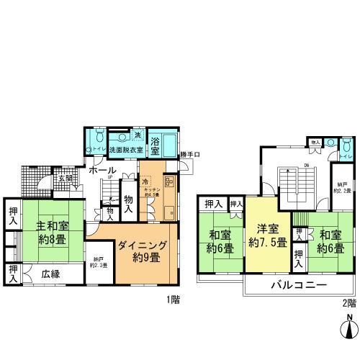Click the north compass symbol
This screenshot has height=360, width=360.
(348, 329)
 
